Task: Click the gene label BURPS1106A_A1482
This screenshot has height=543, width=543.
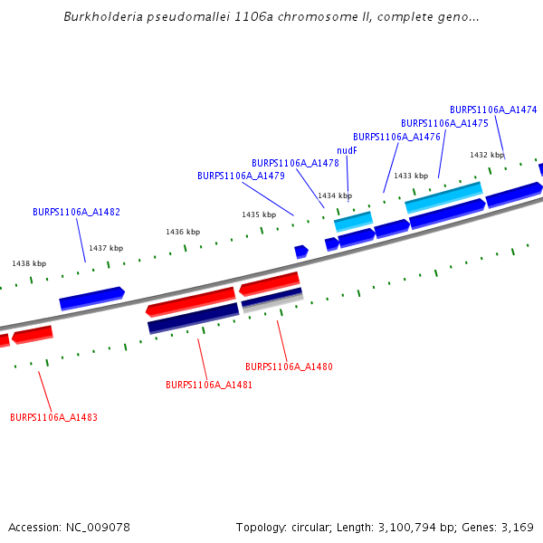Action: coord(76,213)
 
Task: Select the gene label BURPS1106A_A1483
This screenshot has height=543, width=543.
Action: coord(53,418)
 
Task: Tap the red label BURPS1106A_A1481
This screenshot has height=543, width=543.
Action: coord(209,385)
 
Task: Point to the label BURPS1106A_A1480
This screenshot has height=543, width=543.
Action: coord(289,367)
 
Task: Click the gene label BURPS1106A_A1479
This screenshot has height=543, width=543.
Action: coord(241,176)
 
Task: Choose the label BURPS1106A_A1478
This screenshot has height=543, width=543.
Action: coord(295,163)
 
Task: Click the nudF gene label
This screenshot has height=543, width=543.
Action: coord(347,150)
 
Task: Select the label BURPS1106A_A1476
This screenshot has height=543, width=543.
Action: coord(396,137)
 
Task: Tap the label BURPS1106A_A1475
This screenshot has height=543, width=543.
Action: coord(444,123)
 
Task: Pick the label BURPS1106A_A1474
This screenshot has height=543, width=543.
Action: coord(493,110)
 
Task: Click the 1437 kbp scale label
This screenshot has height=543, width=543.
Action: coord(106,248)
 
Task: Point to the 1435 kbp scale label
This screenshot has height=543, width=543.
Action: coord(259,214)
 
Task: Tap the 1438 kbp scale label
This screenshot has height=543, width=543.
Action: coord(29,263)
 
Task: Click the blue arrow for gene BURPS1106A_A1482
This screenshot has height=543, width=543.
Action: coord(91,297)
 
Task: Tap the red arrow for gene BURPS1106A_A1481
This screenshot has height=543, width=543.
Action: coord(190,300)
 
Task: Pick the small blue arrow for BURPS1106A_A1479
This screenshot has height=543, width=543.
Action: coord(301,251)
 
